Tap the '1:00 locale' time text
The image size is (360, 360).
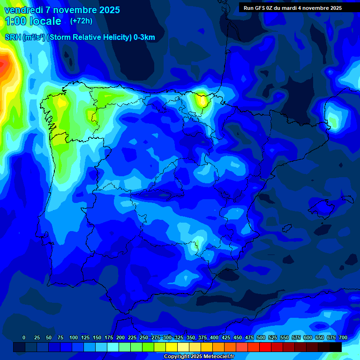tap(33, 21)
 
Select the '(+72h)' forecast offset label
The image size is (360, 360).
tap(81, 21)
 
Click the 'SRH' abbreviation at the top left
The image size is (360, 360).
tap(13, 37)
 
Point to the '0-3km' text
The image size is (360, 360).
tap(144, 37)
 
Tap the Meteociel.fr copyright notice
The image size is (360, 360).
tap(199, 357)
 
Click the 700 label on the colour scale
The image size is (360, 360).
tap(343, 337)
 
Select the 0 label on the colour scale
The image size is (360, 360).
tap(24, 337)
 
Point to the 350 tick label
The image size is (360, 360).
tap(191, 337)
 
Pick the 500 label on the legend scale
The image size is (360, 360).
tap(261, 337)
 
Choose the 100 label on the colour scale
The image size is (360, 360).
tap(74, 337)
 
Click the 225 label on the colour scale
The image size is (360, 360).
tap(132, 337)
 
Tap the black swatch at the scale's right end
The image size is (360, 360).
tap(335, 347)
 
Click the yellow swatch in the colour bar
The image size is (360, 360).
tap(172, 347)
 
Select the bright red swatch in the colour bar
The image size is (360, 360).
tap(265, 347)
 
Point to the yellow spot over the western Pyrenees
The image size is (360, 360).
tap(202, 99)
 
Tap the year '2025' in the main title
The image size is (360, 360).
tap(109, 10)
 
